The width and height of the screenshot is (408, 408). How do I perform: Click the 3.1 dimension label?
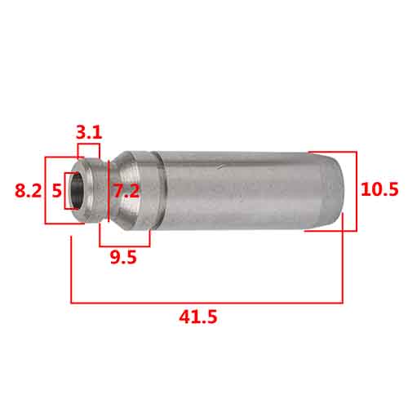(89, 132)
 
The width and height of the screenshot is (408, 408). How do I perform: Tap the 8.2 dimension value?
(28, 190)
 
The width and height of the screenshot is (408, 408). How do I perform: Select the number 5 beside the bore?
(57, 191)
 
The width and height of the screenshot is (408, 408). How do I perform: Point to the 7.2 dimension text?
(126, 191)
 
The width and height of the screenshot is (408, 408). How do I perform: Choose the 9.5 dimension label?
(123, 257)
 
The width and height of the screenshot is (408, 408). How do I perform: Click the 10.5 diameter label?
(379, 189)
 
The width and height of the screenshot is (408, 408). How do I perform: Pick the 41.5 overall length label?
(198, 317)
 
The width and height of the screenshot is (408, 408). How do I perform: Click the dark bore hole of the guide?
(78, 191)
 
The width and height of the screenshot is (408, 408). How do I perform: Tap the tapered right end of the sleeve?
(332, 191)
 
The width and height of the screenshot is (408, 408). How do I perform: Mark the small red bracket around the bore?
(65, 191)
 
